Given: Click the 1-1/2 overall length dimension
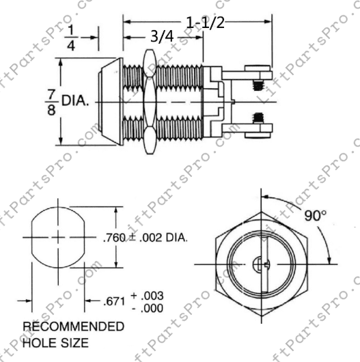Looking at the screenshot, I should coord(204,23).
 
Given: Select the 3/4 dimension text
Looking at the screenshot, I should coord(161,38).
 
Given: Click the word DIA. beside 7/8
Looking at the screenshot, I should coord(76,100).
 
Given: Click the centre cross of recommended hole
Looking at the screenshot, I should coord(57,237).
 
